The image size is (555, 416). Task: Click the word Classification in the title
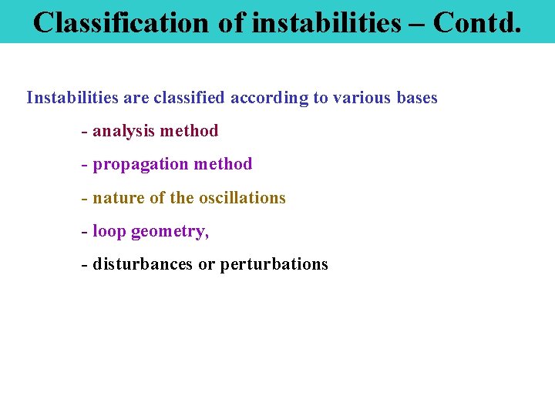pyautogui.click(x=121, y=22)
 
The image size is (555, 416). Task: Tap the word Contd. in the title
pyautogui.click(x=477, y=22)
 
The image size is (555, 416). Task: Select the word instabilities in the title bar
pyautogui.click(x=326, y=22)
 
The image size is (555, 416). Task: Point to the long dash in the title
pyautogui.click(x=417, y=23)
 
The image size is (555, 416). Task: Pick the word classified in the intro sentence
pyautogui.click(x=189, y=98)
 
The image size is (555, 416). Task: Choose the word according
pyautogui.click(x=268, y=99)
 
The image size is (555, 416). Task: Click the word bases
pyautogui.click(x=417, y=98)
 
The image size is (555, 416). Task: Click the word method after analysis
pyautogui.click(x=190, y=131)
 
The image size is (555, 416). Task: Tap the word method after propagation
pyautogui.click(x=223, y=164)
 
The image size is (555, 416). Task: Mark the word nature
pyautogui.click(x=118, y=198)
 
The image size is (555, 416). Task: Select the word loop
pyautogui.click(x=109, y=231)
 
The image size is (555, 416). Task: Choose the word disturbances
pyautogui.click(x=143, y=264)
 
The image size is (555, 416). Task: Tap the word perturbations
pyautogui.click(x=274, y=265)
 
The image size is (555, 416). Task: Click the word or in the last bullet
pyautogui.click(x=207, y=264)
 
